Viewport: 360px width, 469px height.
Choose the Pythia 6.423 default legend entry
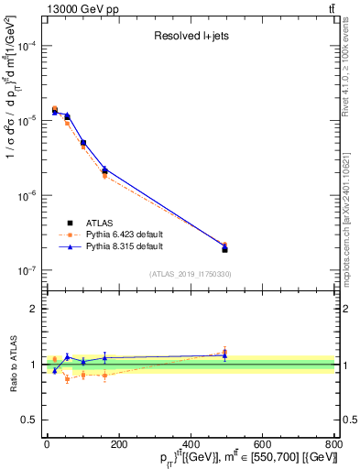pyautogui.click(x=125, y=234)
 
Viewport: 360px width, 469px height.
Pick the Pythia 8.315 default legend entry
pyautogui.click(x=125, y=246)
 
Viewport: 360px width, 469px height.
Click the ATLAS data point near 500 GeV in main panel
pyautogui.click(x=224, y=249)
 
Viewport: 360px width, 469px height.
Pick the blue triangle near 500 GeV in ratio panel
pyautogui.click(x=224, y=355)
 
